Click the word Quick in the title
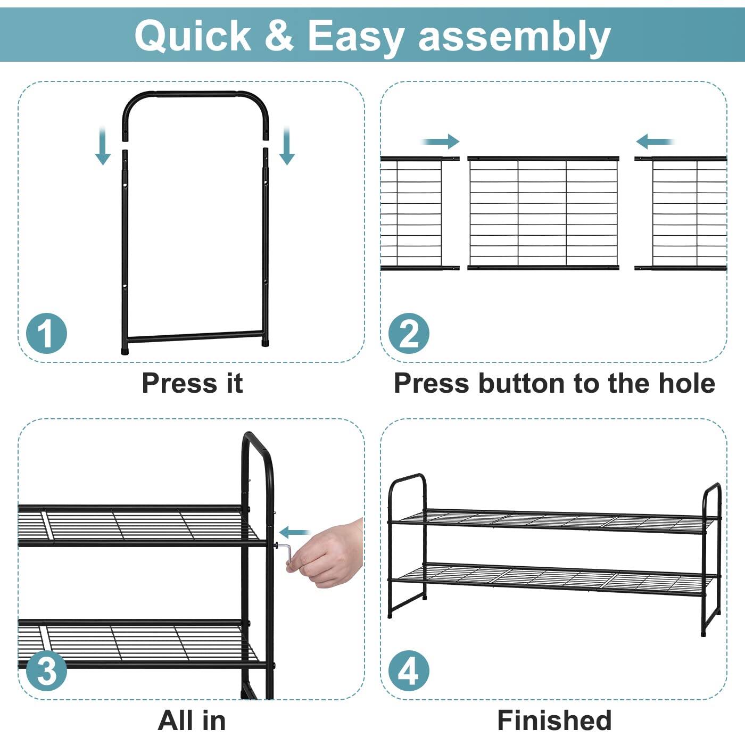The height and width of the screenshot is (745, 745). pos(192,36)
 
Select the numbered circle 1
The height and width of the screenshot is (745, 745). pos(47,334)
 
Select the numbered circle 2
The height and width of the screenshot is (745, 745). pos(408,334)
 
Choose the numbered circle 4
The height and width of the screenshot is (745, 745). pos(408,670)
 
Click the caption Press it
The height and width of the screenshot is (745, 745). pos(192,383)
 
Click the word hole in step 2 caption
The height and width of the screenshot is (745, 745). pos(686,383)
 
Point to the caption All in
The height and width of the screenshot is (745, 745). pos(192,721)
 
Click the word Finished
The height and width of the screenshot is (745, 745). pos(554,721)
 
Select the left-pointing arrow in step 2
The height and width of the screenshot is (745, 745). pos(655,142)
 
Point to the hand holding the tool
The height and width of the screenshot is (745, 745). pos(327,556)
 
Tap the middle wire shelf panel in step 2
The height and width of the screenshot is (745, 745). pos(543,213)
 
